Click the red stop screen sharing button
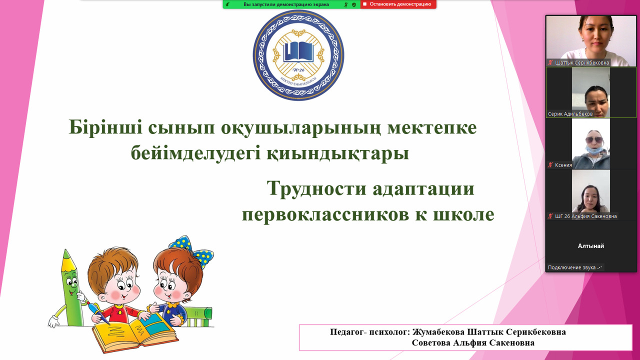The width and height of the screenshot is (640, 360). tap(398, 4)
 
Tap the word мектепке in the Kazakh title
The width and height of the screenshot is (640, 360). tap(432, 127)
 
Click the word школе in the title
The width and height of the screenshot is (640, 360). tap(463, 214)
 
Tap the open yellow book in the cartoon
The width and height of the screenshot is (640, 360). tap(135, 333)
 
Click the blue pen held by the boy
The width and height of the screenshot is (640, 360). tap(98, 312)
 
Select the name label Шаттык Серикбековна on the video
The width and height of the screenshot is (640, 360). tap(582, 62)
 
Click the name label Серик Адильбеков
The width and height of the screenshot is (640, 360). tap(570, 113)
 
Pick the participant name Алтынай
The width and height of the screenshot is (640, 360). tap(591, 246)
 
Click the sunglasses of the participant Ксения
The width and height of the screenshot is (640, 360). tap(594, 140)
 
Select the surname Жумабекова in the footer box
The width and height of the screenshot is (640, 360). tap(438, 332)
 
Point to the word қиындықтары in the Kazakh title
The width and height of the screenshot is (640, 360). tap(337, 153)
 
